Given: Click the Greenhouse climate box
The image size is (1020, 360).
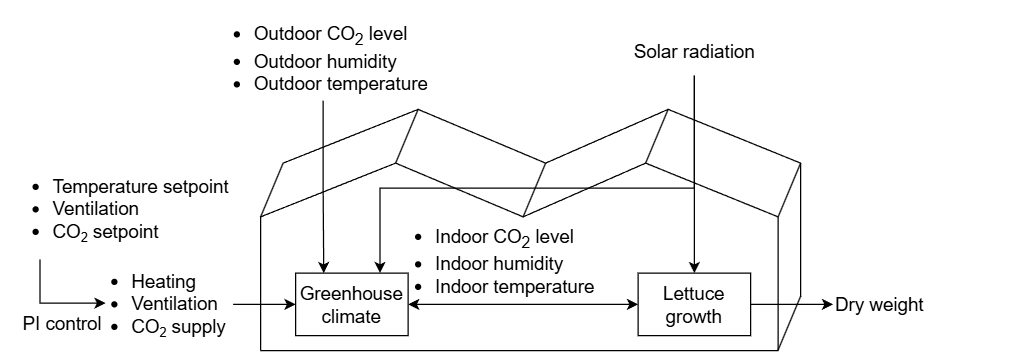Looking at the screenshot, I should coord(340,304).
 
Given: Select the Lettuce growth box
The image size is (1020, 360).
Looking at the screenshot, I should coord(694,304).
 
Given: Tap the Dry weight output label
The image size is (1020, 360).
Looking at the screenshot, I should coord(879,304).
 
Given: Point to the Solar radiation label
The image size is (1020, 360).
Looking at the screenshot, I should coord(694,51).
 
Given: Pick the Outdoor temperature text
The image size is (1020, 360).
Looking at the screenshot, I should coord(341,84).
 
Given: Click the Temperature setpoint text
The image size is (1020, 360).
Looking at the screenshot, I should coord(141,187).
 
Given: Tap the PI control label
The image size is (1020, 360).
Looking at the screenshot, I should coord(62,324).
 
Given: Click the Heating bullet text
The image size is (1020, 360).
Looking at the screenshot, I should coord(163,282).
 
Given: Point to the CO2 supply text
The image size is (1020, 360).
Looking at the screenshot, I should coord(179,326).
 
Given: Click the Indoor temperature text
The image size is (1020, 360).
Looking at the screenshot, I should coord(514,287).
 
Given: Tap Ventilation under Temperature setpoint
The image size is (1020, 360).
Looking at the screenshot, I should coord(95,210).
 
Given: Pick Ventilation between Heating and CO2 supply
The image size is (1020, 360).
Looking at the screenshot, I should coord(174,303).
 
